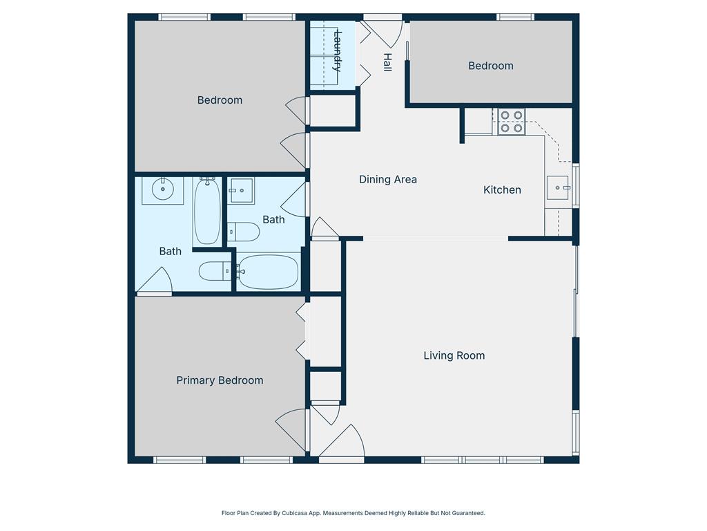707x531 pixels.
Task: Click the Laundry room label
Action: pyautogui.click(x=337, y=51)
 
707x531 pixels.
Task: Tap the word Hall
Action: pyautogui.click(x=387, y=62)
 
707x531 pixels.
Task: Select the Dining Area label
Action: pyautogui.click(x=388, y=180)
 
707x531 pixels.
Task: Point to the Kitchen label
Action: pyautogui.click(x=502, y=189)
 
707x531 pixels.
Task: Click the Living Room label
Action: pyautogui.click(x=454, y=356)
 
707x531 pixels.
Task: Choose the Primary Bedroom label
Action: pyautogui.click(x=220, y=381)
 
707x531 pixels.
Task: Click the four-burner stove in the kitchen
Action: pyautogui.click(x=512, y=122)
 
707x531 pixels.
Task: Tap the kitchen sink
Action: pyautogui.click(x=558, y=187)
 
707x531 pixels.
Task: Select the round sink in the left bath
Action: pyautogui.click(x=162, y=189)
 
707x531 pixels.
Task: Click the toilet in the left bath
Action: pyautogui.click(x=215, y=271)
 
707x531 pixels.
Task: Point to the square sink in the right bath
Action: pyautogui.click(x=240, y=191)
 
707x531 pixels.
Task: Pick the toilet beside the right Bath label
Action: pyautogui.click(x=244, y=232)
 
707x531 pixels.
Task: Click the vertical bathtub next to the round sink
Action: pyautogui.click(x=207, y=211)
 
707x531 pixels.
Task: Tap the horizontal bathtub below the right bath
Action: pyautogui.click(x=268, y=272)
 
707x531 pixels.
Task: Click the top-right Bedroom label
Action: pyautogui.click(x=491, y=66)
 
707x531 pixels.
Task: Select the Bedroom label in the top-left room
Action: pyautogui.click(x=220, y=100)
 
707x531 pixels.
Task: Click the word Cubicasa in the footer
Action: pyautogui.click(x=294, y=514)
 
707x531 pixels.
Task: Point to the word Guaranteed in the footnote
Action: pyautogui.click(x=469, y=514)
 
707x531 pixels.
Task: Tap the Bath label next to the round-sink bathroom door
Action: pyautogui.click(x=170, y=252)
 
